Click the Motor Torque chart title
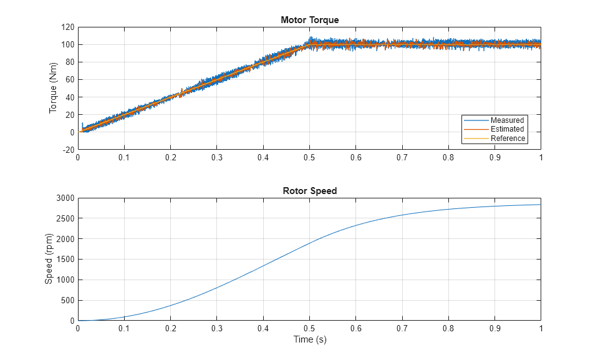(x=309, y=20)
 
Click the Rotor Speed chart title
(x=309, y=191)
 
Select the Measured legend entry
(x=507, y=120)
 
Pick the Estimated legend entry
(x=507, y=129)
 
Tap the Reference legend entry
(x=508, y=139)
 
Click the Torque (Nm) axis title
(x=53, y=89)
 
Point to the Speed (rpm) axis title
(x=49, y=259)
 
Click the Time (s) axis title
(x=309, y=340)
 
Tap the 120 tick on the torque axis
(x=67, y=27)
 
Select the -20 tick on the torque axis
(x=67, y=150)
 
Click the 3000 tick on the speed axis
(x=65, y=198)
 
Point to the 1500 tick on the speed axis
(x=65, y=260)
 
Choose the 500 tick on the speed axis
(x=67, y=301)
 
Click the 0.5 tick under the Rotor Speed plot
(x=309, y=329)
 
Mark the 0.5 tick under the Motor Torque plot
(x=309, y=158)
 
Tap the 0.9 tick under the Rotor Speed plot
(x=494, y=329)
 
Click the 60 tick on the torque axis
(x=69, y=80)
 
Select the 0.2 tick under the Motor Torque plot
(x=170, y=158)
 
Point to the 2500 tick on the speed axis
(x=65, y=219)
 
